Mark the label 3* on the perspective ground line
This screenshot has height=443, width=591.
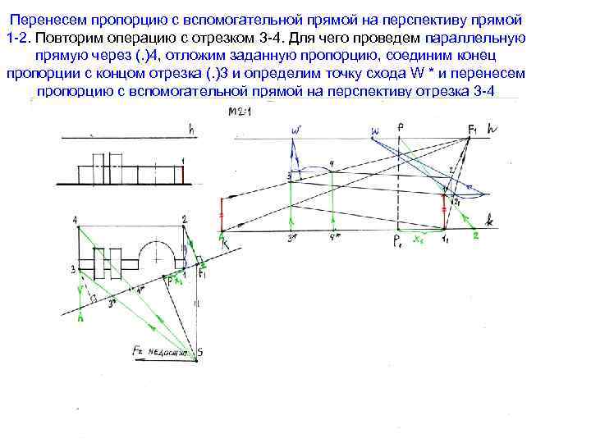pos(291,239)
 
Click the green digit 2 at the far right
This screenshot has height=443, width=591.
pos(474,235)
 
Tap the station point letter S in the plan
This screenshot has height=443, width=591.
pos(199,353)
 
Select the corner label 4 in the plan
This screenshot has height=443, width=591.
pos(75,220)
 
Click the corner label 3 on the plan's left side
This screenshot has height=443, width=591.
pos(72,268)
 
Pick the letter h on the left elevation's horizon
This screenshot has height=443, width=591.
pos(190,129)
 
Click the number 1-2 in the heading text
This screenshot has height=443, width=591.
pos(18,39)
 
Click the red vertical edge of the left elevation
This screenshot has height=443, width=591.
pos(181,174)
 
